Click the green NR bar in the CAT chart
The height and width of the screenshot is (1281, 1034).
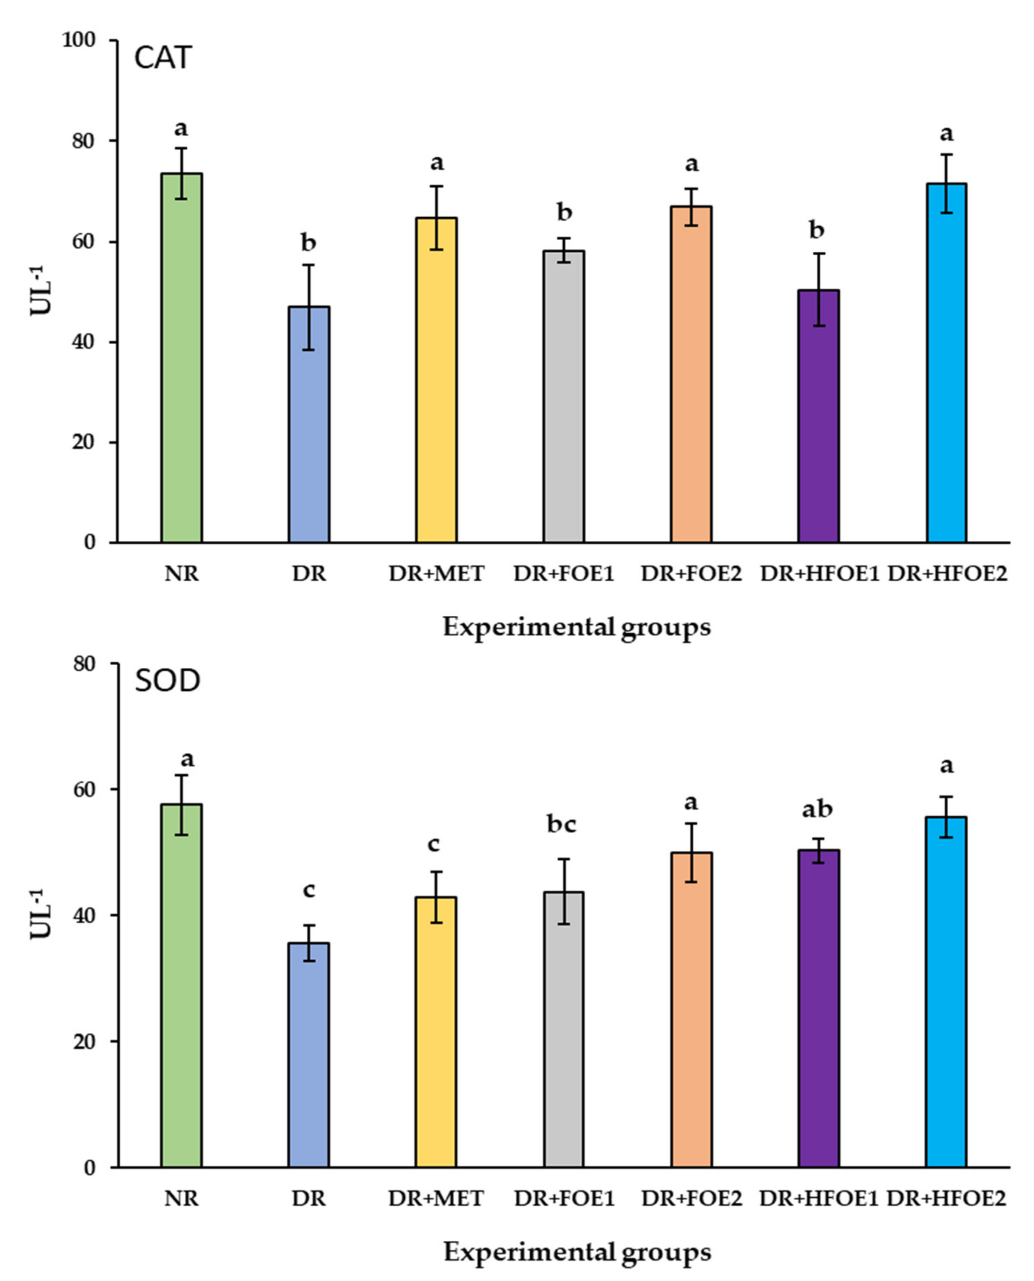pyautogui.click(x=182, y=357)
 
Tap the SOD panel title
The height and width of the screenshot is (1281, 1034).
pyautogui.click(x=168, y=681)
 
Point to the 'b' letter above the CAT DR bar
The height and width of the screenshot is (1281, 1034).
pyautogui.click(x=308, y=243)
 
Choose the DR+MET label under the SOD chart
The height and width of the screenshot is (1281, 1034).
pyautogui.click(x=436, y=1198)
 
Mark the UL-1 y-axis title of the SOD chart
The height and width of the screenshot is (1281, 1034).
pyautogui.click(x=42, y=915)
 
